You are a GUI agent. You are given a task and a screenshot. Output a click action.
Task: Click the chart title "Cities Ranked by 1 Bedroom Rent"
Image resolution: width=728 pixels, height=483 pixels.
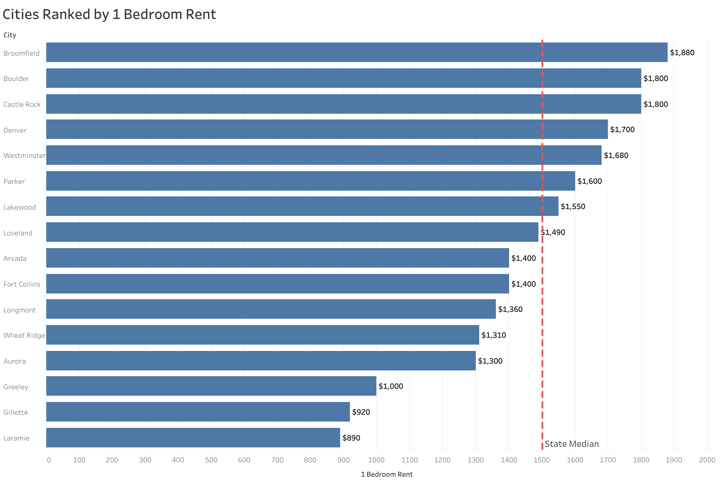pyautogui.click(x=109, y=14)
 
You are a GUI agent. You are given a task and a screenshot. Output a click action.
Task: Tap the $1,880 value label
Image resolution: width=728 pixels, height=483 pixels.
pyautogui.click(x=682, y=53)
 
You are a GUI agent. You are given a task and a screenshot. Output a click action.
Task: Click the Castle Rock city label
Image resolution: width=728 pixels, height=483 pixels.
pyautogui.click(x=22, y=105)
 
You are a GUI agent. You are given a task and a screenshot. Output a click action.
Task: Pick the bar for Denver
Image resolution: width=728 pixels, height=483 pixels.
pyautogui.click(x=327, y=130)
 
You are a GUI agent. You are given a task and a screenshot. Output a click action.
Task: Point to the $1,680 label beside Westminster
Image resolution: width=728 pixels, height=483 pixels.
pyautogui.click(x=616, y=155)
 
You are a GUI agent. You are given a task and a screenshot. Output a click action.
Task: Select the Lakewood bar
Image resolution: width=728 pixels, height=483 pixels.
pyautogui.click(x=302, y=206)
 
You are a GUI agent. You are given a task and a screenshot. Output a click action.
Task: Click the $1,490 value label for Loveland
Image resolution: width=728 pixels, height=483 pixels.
pyautogui.click(x=553, y=232)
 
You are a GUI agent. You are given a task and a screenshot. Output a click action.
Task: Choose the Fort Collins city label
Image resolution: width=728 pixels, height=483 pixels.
pyautogui.click(x=22, y=284)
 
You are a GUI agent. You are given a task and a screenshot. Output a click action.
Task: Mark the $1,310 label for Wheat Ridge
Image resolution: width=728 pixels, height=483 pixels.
pyautogui.click(x=493, y=335)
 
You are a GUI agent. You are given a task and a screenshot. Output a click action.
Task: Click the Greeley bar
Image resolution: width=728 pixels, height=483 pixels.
pyautogui.click(x=211, y=386)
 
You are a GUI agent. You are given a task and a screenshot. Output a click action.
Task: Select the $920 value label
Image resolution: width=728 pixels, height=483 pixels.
pyautogui.click(x=361, y=412)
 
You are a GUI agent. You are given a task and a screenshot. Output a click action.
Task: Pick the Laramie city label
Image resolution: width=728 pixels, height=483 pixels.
pyautogui.click(x=16, y=438)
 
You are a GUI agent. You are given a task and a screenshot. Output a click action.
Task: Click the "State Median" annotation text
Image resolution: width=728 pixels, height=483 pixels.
pyautogui.click(x=571, y=444)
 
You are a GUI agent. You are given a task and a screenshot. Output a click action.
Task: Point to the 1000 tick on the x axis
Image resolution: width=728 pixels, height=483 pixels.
pyautogui.click(x=376, y=460)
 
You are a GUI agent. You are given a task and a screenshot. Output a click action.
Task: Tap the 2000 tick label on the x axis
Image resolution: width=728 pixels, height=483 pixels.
pyautogui.click(x=707, y=460)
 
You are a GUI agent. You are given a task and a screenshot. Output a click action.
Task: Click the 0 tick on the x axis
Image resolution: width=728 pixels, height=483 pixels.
pyautogui.click(x=49, y=460)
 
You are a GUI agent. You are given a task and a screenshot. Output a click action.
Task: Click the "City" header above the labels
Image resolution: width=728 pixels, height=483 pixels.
pyautogui.click(x=9, y=35)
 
